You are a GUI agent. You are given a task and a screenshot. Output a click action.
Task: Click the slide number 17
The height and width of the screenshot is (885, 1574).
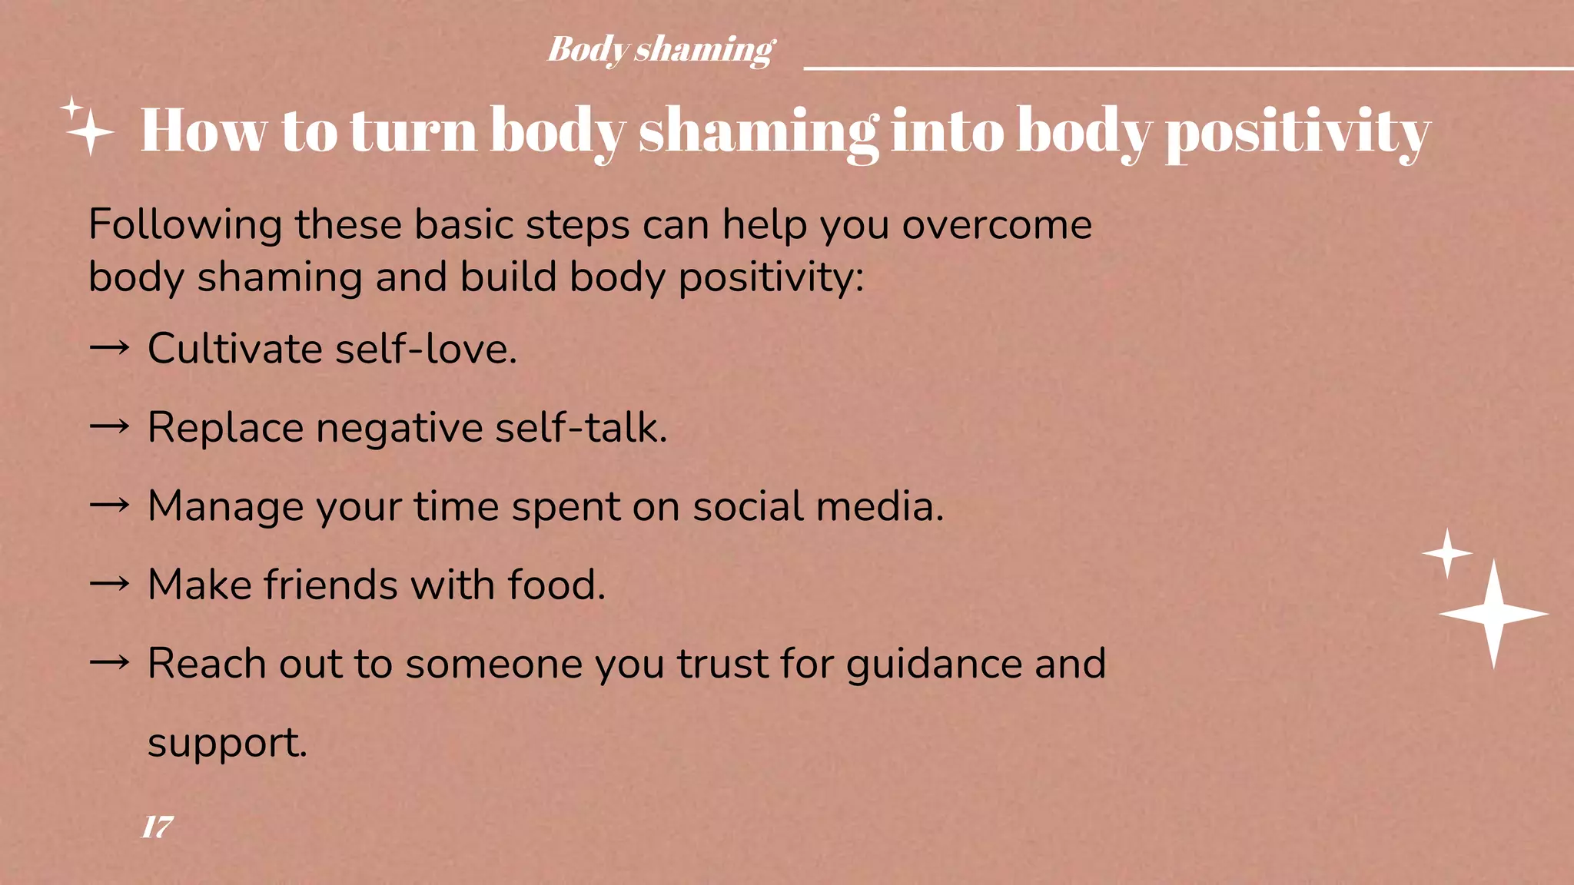tap(158, 827)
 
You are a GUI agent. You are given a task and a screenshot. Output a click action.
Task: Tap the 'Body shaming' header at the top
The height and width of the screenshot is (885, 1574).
tap(661, 50)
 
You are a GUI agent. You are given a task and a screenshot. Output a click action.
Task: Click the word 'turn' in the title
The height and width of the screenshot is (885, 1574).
tap(413, 131)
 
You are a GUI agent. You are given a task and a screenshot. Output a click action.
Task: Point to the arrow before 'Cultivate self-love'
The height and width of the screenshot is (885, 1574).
tap(109, 348)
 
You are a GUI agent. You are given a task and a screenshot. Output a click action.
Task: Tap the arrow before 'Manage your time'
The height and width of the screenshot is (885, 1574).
tap(109, 505)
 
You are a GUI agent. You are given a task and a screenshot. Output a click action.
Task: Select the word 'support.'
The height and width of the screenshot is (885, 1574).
tap(227, 744)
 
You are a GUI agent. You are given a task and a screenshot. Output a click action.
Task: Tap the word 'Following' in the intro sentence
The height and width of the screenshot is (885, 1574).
tap(185, 226)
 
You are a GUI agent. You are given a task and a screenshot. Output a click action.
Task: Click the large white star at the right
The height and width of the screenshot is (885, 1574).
tap(1493, 614)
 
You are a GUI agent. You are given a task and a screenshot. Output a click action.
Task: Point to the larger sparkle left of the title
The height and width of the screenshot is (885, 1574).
tap(91, 132)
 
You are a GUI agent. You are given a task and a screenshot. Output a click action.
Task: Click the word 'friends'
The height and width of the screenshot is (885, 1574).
tap(330, 585)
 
